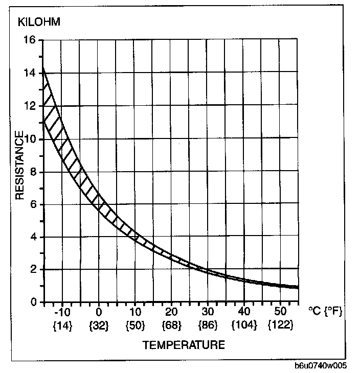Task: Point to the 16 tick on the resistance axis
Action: (30, 40)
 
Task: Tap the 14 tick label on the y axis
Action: (30, 73)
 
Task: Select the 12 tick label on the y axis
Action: (30, 106)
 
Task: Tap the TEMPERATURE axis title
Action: (183, 345)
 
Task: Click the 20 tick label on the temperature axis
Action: (171, 311)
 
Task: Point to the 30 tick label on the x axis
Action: (207, 311)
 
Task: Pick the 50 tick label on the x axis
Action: (280, 311)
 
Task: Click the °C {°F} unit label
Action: (329, 311)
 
